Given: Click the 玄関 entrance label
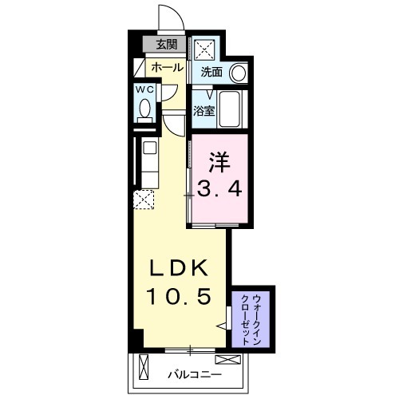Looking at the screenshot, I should [167, 45].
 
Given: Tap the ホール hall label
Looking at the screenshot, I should [166, 67].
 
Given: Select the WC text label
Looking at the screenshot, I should [144, 89].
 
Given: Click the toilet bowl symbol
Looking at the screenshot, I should [144, 109].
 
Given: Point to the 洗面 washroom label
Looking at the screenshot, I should [211, 72].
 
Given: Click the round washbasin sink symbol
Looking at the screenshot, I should [238, 73].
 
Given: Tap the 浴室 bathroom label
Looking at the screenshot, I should [204, 111].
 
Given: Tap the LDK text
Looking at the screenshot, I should [180, 267].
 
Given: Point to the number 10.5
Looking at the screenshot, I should [180, 296].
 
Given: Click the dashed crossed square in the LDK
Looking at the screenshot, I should [144, 199].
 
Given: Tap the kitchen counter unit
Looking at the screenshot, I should [148, 164].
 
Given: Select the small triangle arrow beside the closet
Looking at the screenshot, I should [223, 326].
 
